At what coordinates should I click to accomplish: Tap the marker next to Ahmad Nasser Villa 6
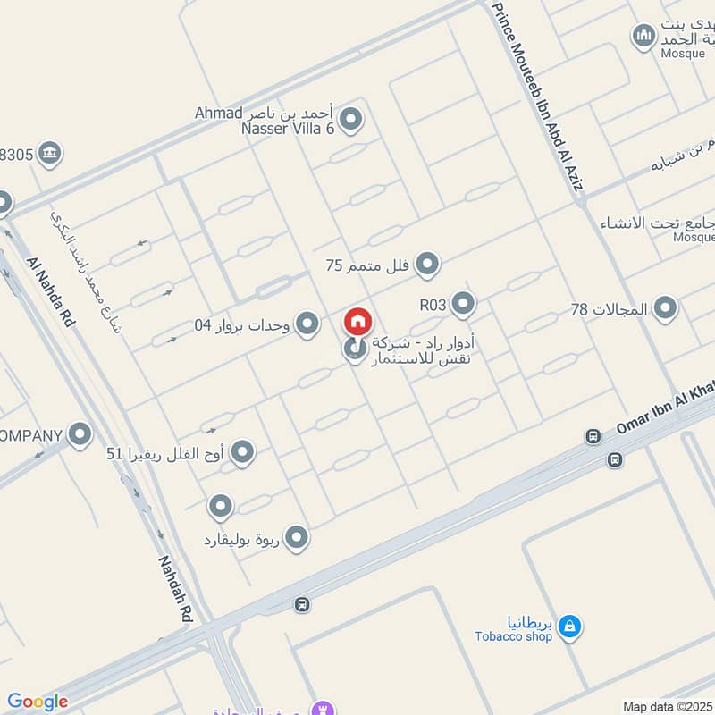(351, 118)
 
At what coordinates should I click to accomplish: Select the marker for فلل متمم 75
(429, 264)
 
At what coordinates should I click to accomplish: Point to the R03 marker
(463, 304)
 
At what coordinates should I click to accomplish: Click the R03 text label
(433, 305)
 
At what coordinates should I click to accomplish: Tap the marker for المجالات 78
(664, 309)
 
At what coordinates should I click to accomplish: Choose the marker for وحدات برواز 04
(307, 324)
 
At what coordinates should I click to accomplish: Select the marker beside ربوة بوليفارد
(296, 538)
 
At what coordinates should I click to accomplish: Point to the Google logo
(38, 702)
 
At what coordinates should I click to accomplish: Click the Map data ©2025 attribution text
(667, 706)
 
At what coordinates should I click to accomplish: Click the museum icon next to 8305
(51, 154)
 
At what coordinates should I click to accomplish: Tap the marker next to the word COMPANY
(80, 435)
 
